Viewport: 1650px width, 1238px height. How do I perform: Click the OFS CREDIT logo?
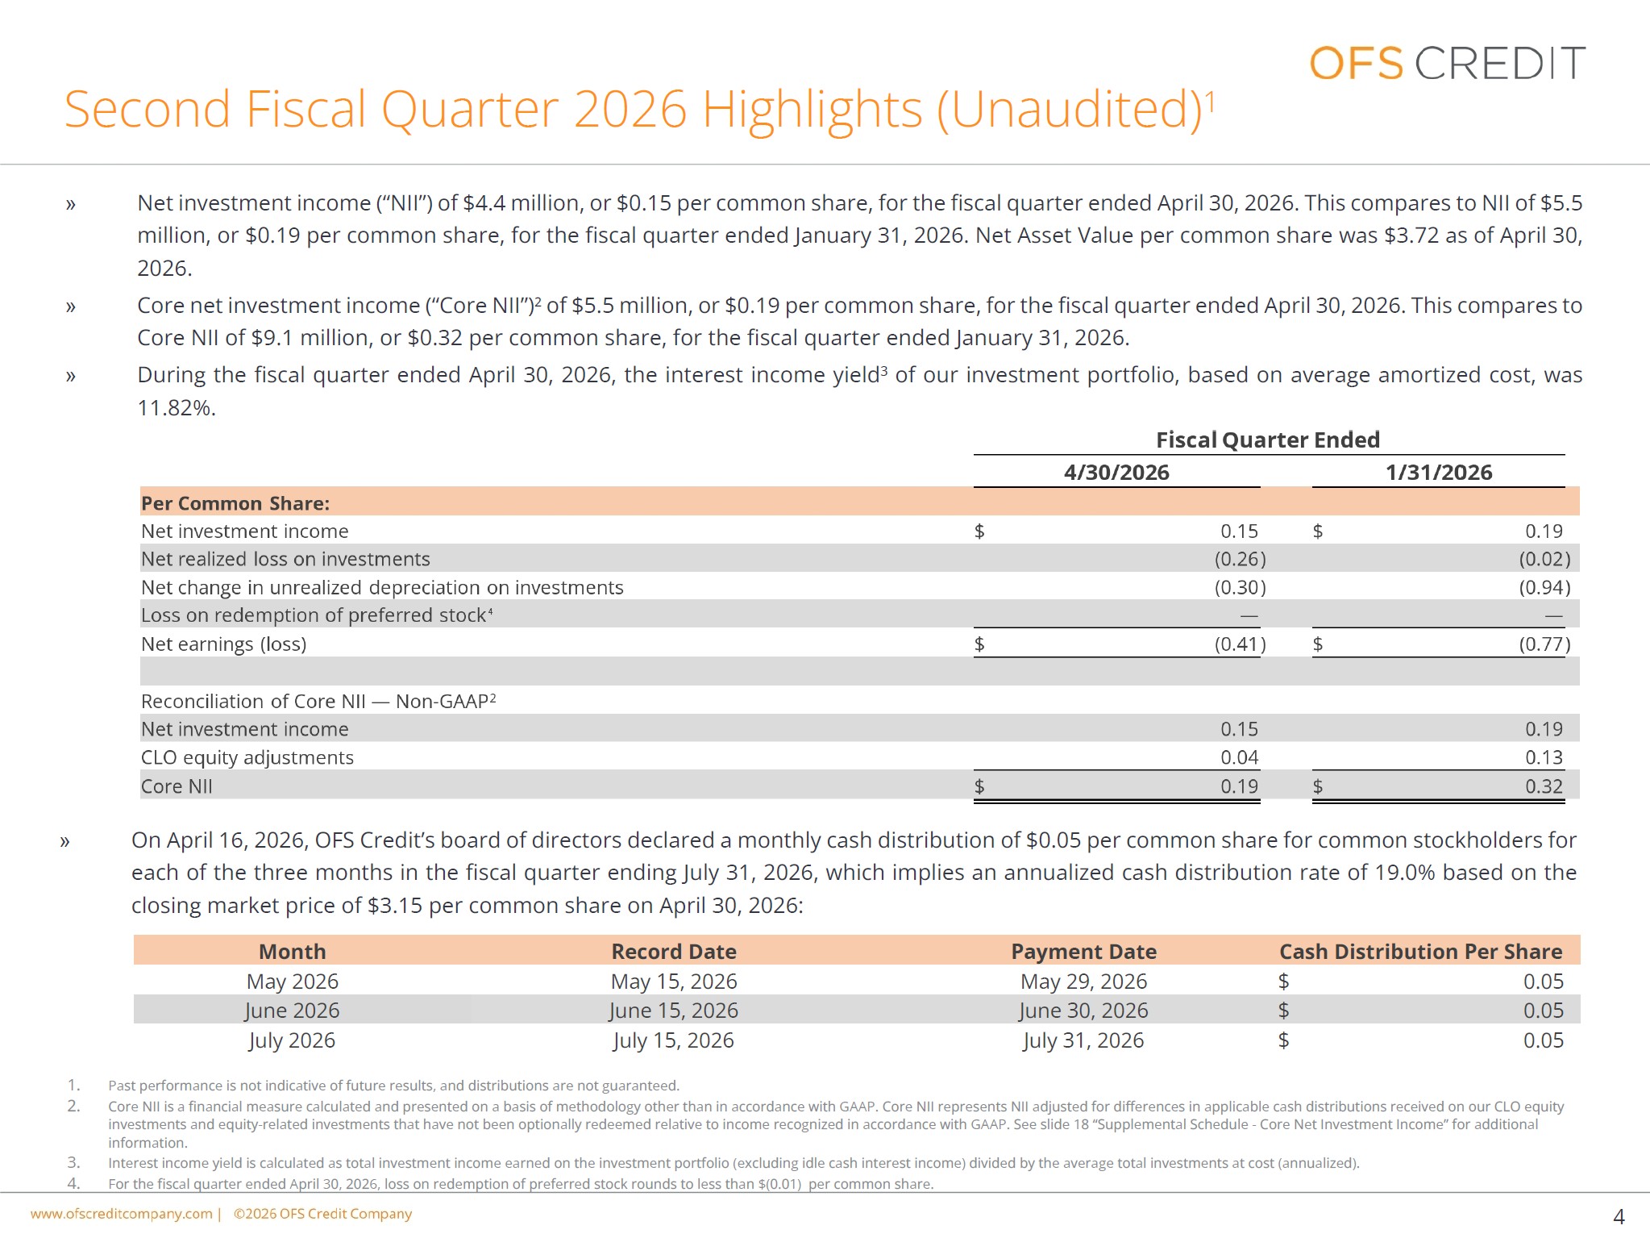click(1447, 63)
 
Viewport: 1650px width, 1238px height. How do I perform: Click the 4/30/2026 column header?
click(1116, 473)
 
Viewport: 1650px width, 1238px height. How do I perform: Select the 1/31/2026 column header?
click(1439, 473)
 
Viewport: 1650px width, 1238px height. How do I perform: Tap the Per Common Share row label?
click(235, 503)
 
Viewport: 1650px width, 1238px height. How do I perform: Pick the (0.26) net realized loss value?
click(1241, 559)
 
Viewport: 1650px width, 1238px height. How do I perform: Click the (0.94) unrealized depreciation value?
click(1545, 587)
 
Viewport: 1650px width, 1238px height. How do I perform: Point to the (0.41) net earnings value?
click(1241, 644)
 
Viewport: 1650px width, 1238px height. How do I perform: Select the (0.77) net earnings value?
click(1545, 644)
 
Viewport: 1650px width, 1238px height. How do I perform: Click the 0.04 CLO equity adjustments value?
click(1240, 757)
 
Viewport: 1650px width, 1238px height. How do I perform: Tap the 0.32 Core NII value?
click(1544, 786)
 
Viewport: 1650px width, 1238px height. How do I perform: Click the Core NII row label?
click(177, 786)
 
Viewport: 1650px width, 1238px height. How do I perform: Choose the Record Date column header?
click(674, 952)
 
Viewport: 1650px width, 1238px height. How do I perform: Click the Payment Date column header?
click(1084, 952)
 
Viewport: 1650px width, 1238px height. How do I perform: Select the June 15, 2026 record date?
click(674, 1011)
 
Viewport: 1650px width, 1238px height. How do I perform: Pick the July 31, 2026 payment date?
click(1083, 1040)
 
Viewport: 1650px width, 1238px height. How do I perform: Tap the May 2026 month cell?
click(293, 982)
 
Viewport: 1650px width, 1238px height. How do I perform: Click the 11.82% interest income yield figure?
click(177, 407)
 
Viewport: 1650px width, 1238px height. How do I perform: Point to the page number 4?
click(1619, 1216)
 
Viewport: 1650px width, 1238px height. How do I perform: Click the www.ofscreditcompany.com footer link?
click(122, 1214)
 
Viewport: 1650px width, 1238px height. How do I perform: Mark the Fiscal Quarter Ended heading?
click(1268, 440)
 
